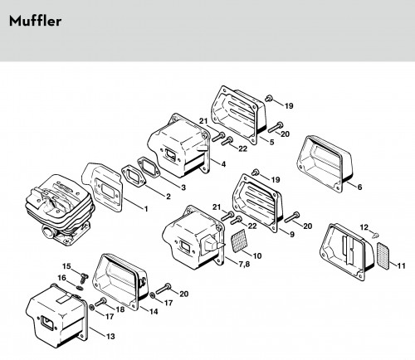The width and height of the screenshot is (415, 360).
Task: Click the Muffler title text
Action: coord(35,21)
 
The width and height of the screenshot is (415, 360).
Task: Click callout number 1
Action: coord(146,209)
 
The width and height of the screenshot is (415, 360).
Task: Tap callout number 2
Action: coord(168,197)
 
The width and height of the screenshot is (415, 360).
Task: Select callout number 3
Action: coord(183,187)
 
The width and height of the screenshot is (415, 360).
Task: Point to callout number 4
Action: coord(223,164)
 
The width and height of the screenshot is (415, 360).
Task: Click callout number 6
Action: coord(359,187)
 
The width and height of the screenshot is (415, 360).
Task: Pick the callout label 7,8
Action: coord(244,264)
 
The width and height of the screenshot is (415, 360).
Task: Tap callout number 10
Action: coord(257,255)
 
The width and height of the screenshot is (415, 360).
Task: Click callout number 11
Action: coord(401,265)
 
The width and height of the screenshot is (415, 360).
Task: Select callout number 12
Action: coord(364,227)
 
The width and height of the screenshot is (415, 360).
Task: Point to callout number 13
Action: coord(110,336)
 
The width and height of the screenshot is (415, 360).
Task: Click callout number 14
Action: coord(154,311)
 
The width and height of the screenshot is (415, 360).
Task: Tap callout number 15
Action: coord(66,266)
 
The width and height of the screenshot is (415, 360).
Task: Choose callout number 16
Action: coord(62,277)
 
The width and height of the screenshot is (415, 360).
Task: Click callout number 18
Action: coord(120,309)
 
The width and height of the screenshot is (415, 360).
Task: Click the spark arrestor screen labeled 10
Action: coord(238,241)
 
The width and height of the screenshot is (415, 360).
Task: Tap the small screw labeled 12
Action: coord(375,236)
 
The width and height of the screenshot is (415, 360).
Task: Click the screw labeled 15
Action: coord(84,277)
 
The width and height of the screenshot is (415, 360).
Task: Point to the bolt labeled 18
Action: coord(100,302)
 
